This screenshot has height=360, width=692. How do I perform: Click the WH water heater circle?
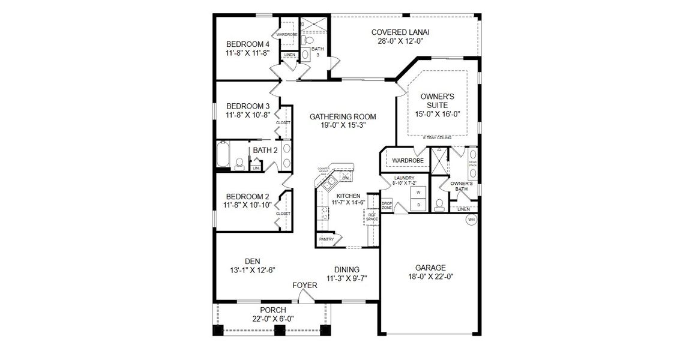pyautogui.click(x=471, y=220)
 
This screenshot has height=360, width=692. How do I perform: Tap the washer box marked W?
pyautogui.click(x=418, y=193)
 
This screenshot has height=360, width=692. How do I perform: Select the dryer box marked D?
pyautogui.click(x=418, y=205)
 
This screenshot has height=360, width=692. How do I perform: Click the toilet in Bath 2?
pyautogui.click(x=239, y=163)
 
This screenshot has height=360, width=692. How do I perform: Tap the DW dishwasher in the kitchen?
pyautogui.click(x=345, y=178)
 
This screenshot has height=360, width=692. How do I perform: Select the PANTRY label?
pyautogui.click(x=326, y=239)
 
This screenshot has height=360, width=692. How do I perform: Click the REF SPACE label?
pyautogui.click(x=372, y=217)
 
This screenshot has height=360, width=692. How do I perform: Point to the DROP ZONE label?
pyautogui.click(x=387, y=205)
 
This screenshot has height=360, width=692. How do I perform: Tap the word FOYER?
pyautogui.click(x=304, y=285)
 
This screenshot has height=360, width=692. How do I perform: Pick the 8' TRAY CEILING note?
pyautogui.click(x=437, y=137)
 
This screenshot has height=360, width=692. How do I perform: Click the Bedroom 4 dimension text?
pyautogui.click(x=247, y=53)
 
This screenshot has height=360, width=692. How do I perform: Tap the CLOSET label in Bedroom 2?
pyautogui.click(x=283, y=213)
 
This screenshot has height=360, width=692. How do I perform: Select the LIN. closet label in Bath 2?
pyautogui.click(x=256, y=168)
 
